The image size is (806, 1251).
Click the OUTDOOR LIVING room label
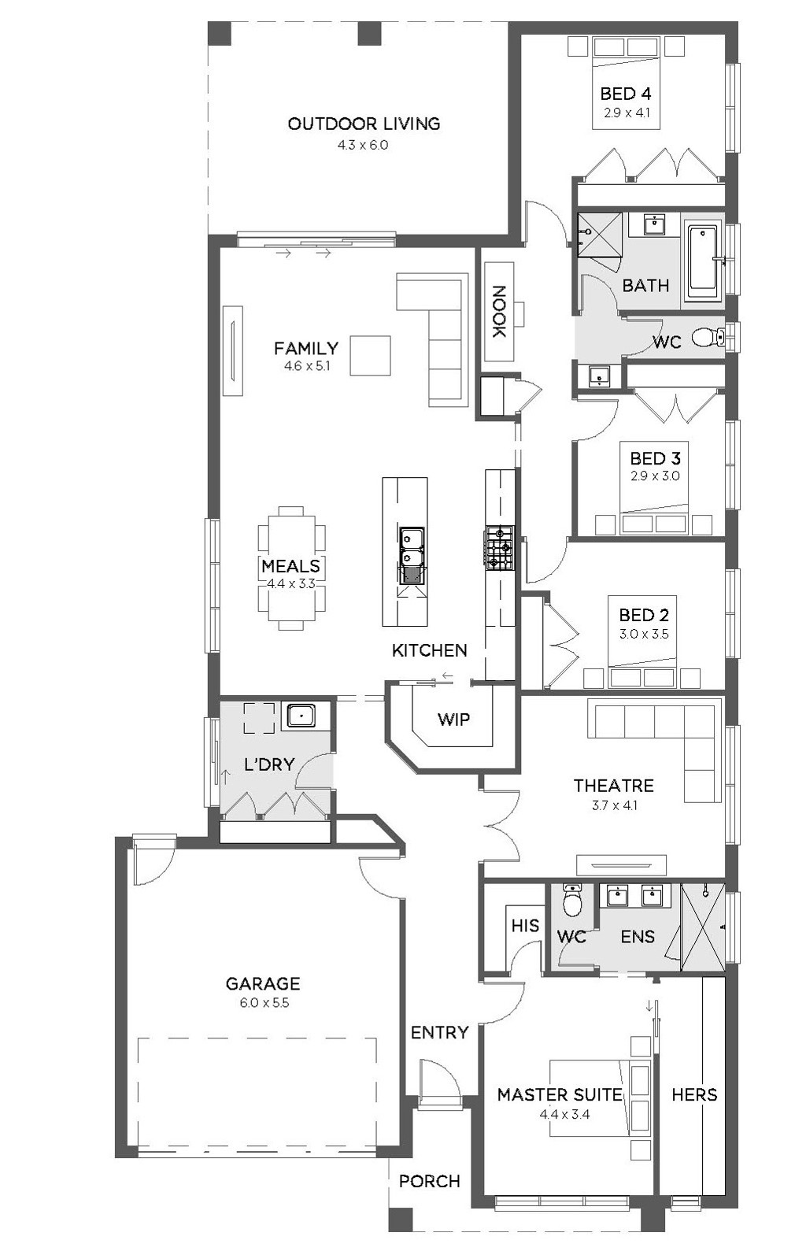click(x=364, y=124)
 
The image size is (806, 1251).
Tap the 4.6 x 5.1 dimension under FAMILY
click(x=306, y=366)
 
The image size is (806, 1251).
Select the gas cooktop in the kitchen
click(x=500, y=548)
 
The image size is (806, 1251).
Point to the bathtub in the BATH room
click(x=704, y=261)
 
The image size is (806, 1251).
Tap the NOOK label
click(x=499, y=312)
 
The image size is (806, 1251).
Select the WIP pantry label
click(x=454, y=720)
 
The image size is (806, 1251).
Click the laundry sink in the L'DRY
click(x=301, y=716)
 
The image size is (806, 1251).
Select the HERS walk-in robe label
click(x=694, y=1094)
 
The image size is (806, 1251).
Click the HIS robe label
click(x=525, y=925)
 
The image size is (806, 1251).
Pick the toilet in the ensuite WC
click(x=572, y=900)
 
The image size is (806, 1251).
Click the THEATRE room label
click(x=613, y=786)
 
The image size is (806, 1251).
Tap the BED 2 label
click(x=644, y=615)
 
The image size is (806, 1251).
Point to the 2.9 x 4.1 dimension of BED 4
click(x=627, y=113)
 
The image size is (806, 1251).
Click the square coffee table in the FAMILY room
click(x=370, y=356)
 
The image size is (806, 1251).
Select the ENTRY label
click(x=439, y=1033)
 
